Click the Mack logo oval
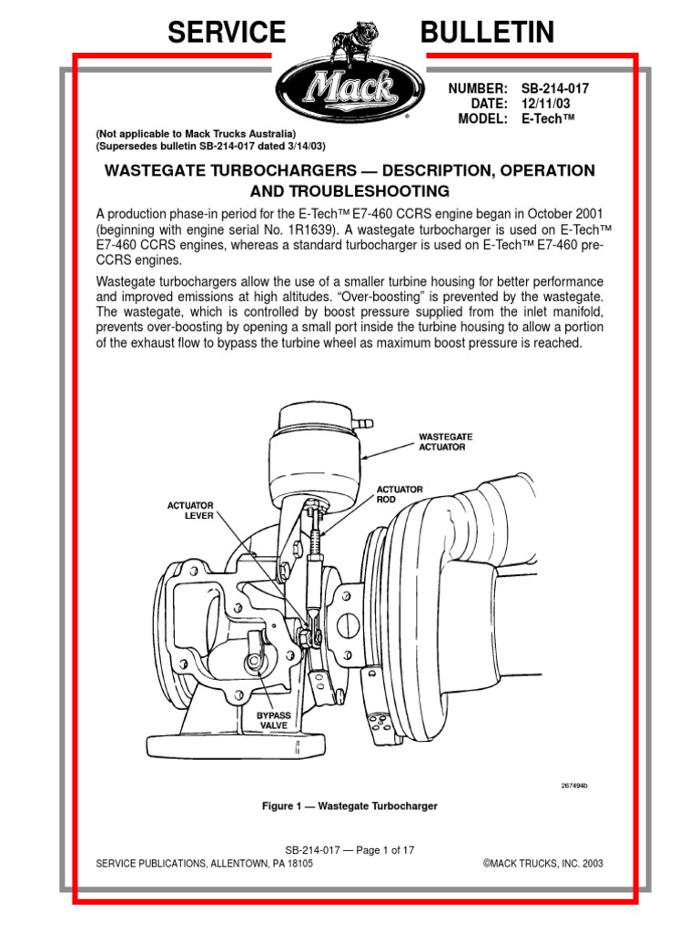tap(349, 91)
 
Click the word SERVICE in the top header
tap(226, 33)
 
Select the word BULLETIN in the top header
tap(487, 33)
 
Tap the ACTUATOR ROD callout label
tap(400, 494)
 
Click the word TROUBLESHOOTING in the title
tap(349, 191)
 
